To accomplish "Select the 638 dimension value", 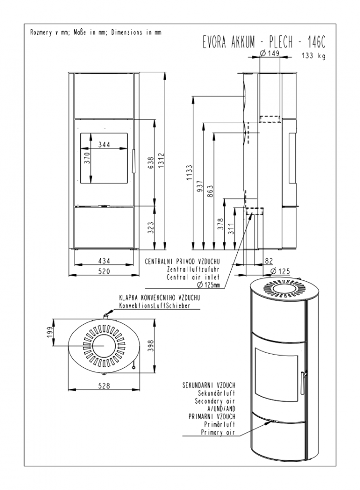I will click(150, 163).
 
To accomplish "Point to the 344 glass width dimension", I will click(104, 144).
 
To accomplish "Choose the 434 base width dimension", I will click(104, 261).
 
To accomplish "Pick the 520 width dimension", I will click(104, 271).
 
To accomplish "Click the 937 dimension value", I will click(200, 187).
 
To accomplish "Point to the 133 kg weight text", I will click(313, 56).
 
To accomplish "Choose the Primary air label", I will click(218, 432).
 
